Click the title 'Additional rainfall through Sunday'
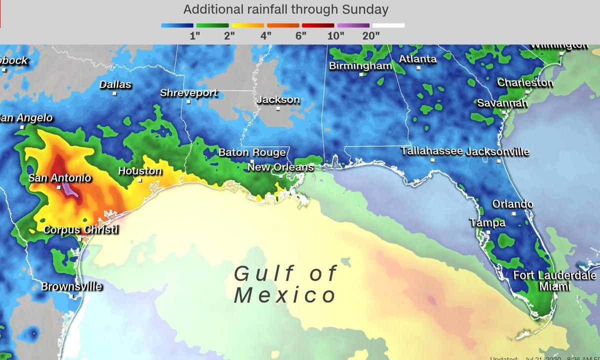click(x=285, y=9)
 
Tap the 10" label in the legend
click(x=336, y=35)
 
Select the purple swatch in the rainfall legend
click(x=353, y=25)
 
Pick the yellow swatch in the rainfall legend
click(x=247, y=25)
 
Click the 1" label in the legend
click(x=195, y=35)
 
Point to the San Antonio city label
click(x=59, y=178)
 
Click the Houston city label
click(x=140, y=171)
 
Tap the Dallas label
click(x=115, y=84)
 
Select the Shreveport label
click(x=188, y=93)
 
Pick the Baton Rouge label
click(x=252, y=152)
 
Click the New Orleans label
click(x=280, y=167)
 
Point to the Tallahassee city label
click(x=432, y=150)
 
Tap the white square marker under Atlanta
click(x=418, y=67)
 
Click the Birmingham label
click(x=360, y=66)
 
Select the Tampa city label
click(x=487, y=223)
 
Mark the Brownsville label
click(x=71, y=287)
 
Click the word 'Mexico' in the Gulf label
click(x=285, y=295)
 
